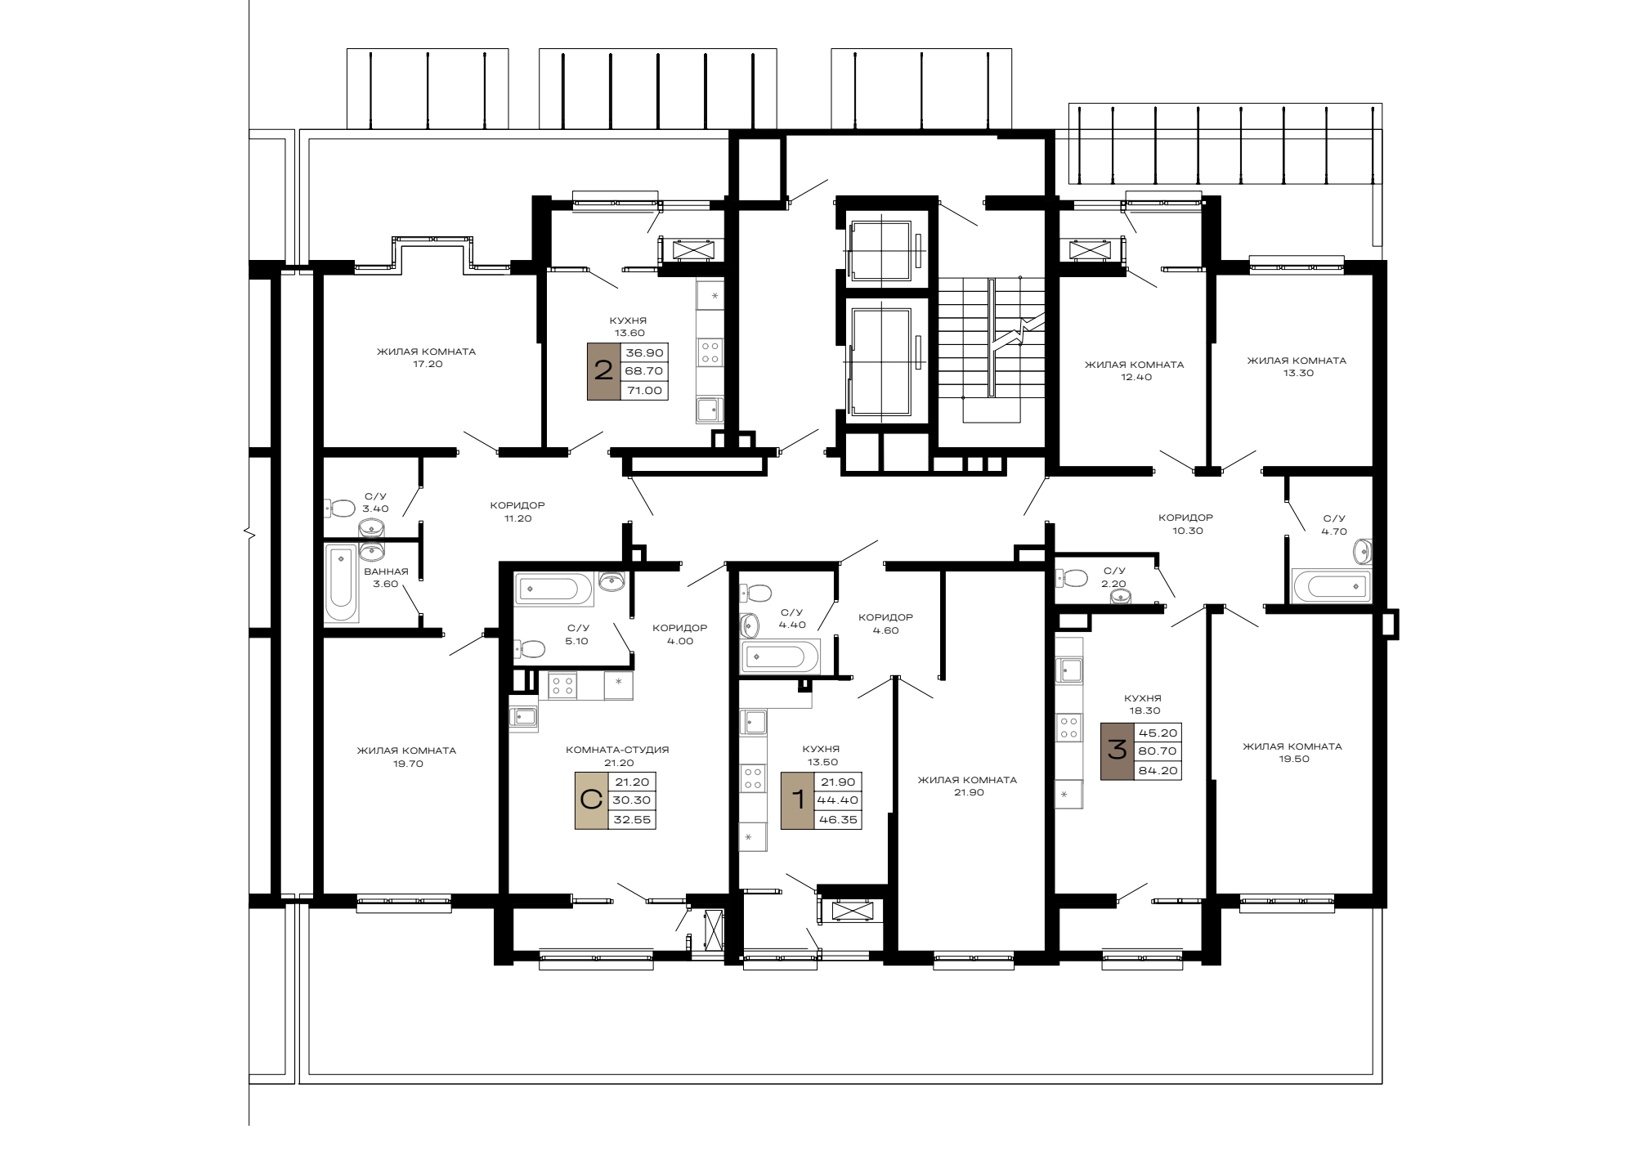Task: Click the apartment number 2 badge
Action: pos(604,371)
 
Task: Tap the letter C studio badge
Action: pos(591,800)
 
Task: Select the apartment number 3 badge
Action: pos(1117,751)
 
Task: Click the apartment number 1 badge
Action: pos(798,800)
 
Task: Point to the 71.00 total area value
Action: pos(644,391)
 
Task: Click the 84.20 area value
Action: pos(1158,770)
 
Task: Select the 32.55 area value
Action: pos(633,819)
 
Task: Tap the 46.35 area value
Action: pos(840,819)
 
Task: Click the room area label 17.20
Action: pos(428,365)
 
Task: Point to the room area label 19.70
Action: pos(408,764)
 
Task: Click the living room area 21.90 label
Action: pos(967,792)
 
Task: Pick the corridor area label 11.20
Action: pos(517,518)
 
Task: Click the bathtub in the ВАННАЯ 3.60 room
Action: pos(341,583)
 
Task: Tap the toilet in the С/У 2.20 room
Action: pos(1071,578)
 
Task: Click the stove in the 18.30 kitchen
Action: pos(1068,726)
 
